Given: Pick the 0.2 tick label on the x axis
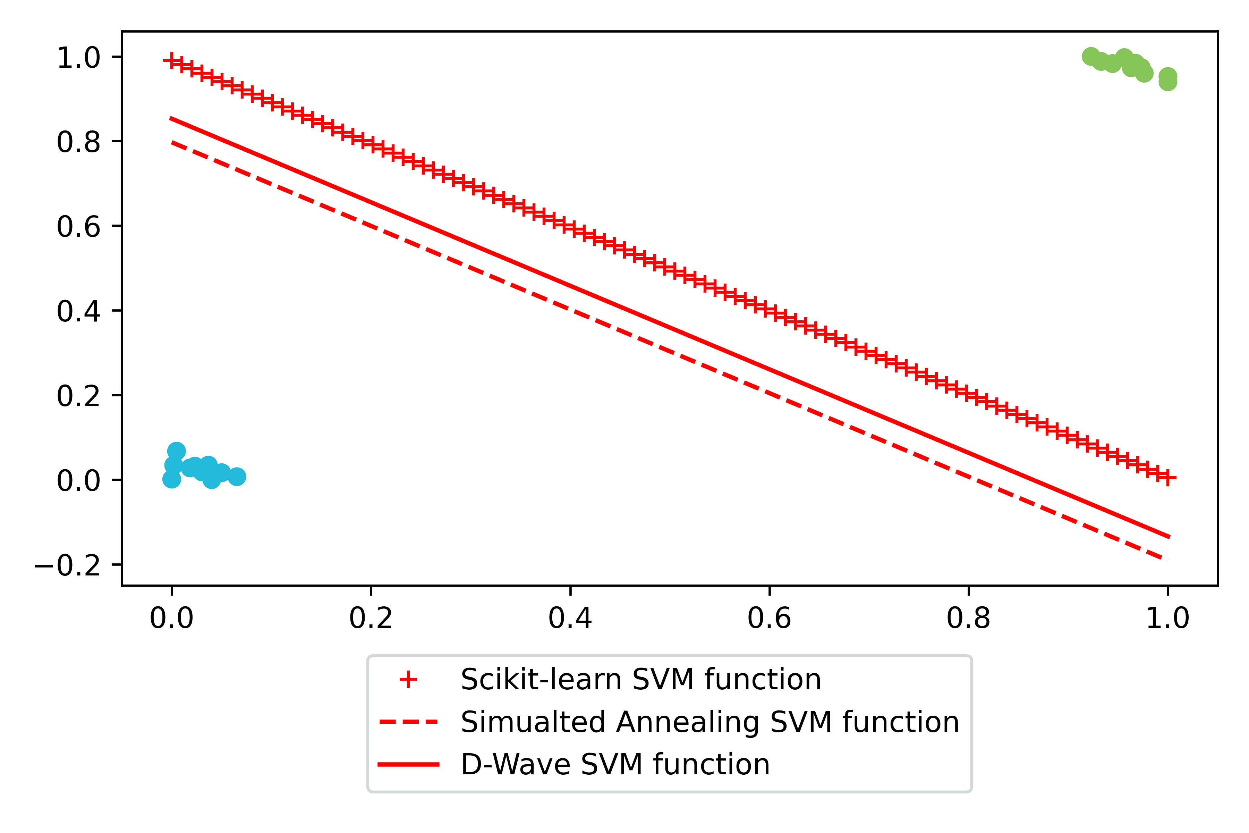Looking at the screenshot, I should tap(371, 619).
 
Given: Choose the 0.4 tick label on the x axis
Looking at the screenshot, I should tap(570, 619).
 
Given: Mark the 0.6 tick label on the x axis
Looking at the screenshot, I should tap(769, 619).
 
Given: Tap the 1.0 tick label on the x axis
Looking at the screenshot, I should tap(1167, 619).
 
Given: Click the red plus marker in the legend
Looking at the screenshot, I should tap(408, 680).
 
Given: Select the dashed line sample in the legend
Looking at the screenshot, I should tap(408, 722).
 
